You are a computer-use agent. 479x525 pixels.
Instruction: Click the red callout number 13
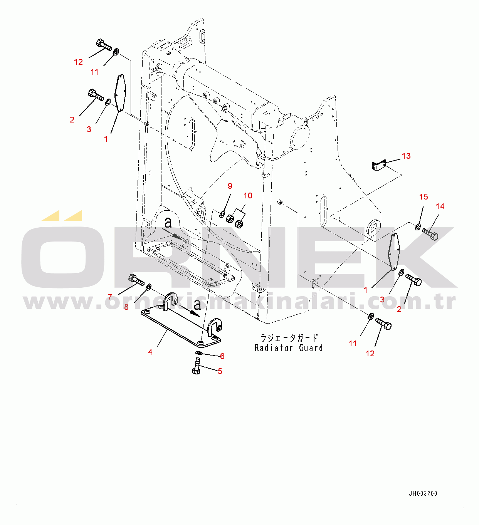tap(406, 156)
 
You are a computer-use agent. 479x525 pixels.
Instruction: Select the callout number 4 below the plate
tap(150, 352)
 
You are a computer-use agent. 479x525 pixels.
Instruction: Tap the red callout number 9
tap(230, 186)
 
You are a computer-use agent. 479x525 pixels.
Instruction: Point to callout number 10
tap(248, 196)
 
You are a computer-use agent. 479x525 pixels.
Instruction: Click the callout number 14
tap(440, 206)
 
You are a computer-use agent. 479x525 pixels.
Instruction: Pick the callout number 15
tap(424, 197)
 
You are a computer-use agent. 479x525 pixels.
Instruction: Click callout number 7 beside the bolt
tap(110, 297)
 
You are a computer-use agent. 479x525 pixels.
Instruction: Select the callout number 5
tap(220, 371)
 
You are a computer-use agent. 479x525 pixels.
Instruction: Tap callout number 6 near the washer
tap(222, 356)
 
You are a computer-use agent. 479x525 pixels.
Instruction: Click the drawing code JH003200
tap(423, 493)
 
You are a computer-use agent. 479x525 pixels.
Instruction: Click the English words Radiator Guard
tap(289, 348)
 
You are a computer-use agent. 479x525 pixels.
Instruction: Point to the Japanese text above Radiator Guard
tap(289, 338)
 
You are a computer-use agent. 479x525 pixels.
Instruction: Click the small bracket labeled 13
tap(378, 166)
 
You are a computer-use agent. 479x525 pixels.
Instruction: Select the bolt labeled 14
tap(430, 234)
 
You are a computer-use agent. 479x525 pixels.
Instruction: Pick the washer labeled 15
tap(418, 226)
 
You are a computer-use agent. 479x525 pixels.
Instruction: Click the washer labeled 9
tap(222, 214)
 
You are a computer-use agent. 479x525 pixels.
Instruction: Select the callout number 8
tap(126, 307)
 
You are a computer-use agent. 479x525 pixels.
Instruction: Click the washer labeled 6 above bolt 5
tap(198, 353)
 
